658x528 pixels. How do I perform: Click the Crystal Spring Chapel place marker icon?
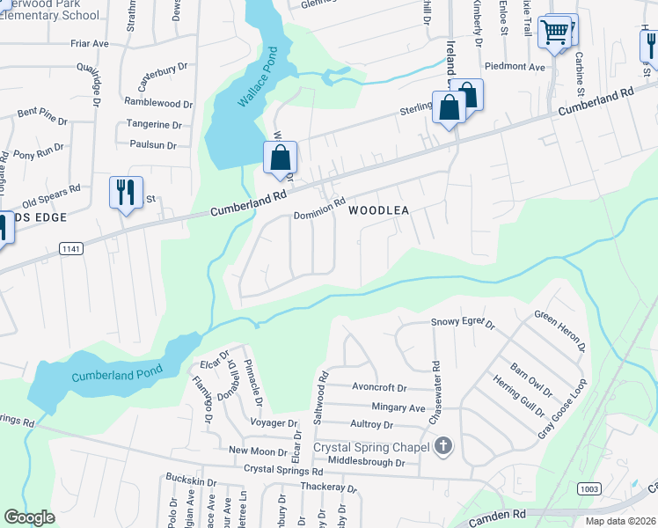point(443,447)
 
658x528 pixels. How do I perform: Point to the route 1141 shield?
point(72,250)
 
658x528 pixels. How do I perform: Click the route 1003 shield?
point(589,488)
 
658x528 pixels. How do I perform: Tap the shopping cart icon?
point(554,33)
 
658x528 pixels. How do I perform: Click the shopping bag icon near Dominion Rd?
point(281,158)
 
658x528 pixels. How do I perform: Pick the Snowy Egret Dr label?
point(464,322)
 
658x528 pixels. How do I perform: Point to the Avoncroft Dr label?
point(379,387)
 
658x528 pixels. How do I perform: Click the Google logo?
point(29,517)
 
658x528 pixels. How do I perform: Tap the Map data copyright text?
point(619,521)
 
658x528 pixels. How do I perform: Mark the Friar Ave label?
point(90,42)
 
